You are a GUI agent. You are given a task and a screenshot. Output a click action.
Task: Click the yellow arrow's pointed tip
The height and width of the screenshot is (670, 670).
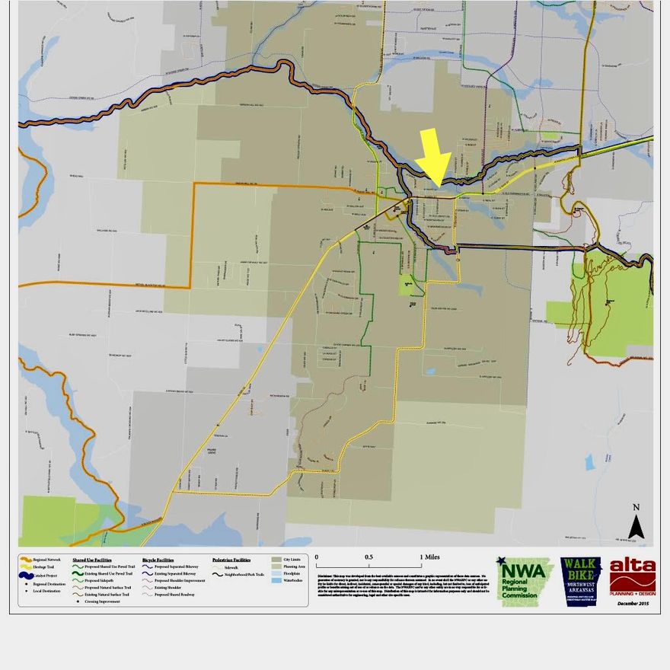(x=435, y=177)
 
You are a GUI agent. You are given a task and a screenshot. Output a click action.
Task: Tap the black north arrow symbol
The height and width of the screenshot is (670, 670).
(x=636, y=526)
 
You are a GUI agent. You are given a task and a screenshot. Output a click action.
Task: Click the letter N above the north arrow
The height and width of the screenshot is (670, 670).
(x=636, y=508)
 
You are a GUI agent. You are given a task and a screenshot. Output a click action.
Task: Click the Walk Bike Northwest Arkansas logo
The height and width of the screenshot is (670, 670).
(x=580, y=581)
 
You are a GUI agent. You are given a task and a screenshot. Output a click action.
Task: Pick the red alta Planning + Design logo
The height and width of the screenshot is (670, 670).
(x=632, y=578)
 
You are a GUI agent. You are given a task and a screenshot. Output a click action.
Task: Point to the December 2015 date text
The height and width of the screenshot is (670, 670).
(x=633, y=604)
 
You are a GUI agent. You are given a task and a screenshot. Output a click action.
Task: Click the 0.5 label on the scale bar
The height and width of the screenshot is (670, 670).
(x=368, y=557)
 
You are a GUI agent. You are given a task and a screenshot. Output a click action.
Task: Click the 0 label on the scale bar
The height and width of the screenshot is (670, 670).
(x=317, y=557)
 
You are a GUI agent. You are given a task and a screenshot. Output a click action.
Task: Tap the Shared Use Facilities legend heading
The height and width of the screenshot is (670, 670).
(x=92, y=560)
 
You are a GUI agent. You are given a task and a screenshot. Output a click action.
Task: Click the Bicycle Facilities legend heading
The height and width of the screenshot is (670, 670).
(x=158, y=560)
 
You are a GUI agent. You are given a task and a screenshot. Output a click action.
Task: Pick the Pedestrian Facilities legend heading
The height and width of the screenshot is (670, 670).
(x=231, y=560)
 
